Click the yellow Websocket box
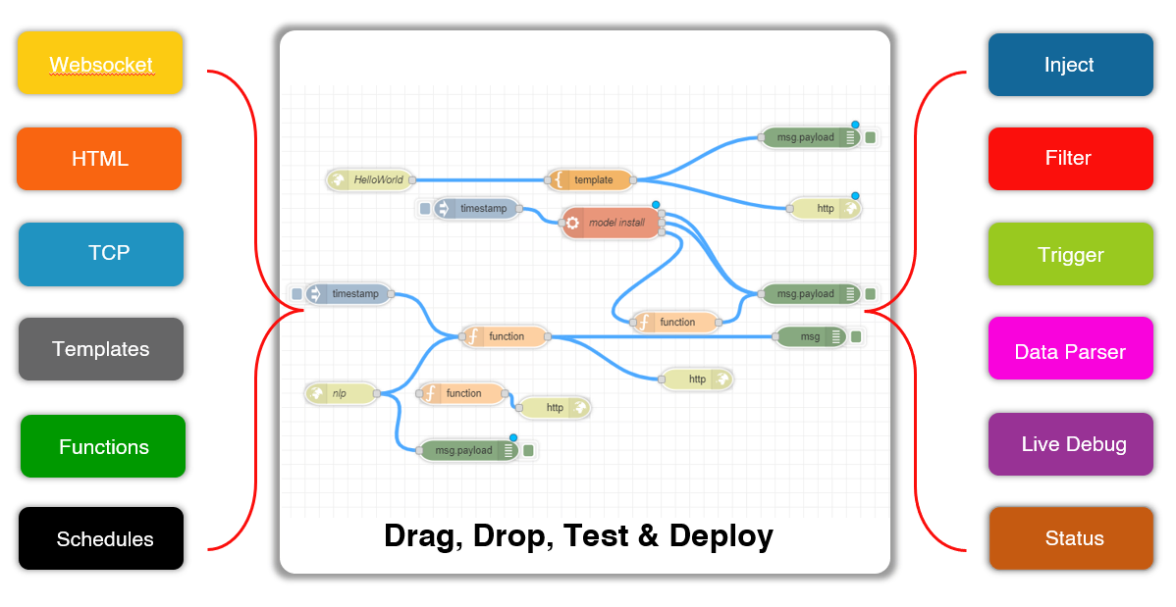pyautogui.click(x=100, y=63)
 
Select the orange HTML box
pyautogui.click(x=99, y=158)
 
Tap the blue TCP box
pyautogui.click(x=100, y=254)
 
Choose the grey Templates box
pyautogui.click(x=100, y=348)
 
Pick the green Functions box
pyautogui.click(x=103, y=446)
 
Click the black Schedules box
pyautogui.click(x=100, y=538)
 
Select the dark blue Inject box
pyautogui.click(x=1070, y=65)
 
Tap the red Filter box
pyautogui.click(x=1070, y=158)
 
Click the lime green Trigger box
pyautogui.click(x=1070, y=254)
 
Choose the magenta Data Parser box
pyautogui.click(x=1070, y=348)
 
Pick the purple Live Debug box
pyautogui.click(x=1070, y=443)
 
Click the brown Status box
pyautogui.click(x=1071, y=538)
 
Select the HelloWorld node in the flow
pyautogui.click(x=370, y=179)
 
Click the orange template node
pyautogui.click(x=590, y=179)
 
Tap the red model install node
pyautogui.click(x=612, y=223)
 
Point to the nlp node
pyautogui.click(x=342, y=393)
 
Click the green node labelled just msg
pyautogui.click(x=811, y=336)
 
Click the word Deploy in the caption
pyautogui.click(x=721, y=536)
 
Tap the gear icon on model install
pyautogui.click(x=573, y=223)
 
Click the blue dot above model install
pyautogui.click(x=656, y=205)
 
